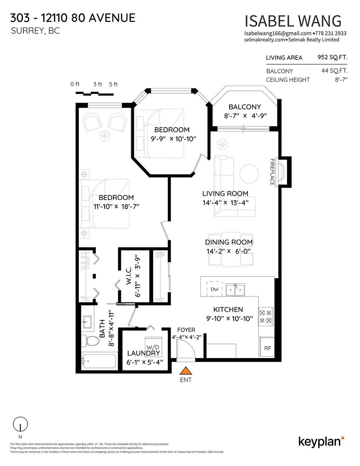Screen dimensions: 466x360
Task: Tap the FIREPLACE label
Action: point(272,172)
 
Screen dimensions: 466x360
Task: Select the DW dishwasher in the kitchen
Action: point(214,289)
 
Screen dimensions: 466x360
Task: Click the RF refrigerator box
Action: point(268,348)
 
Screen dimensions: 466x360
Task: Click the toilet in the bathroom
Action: point(89,341)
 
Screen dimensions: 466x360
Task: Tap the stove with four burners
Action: point(265,317)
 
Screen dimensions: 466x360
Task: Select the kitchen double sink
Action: point(235,290)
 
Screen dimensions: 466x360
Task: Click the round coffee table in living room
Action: point(249,174)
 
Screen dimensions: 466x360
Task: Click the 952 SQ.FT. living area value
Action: point(332,57)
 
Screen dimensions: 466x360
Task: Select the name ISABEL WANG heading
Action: point(293,21)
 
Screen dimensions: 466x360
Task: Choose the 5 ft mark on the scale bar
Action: point(113,84)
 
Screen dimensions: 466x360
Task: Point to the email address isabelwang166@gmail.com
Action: point(278,33)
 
